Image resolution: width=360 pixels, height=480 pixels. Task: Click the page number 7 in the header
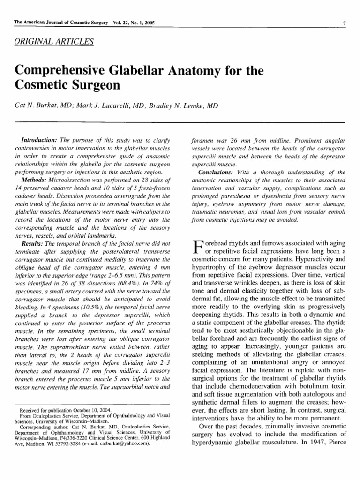(345, 23)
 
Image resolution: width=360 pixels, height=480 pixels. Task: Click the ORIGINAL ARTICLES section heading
(54, 42)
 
